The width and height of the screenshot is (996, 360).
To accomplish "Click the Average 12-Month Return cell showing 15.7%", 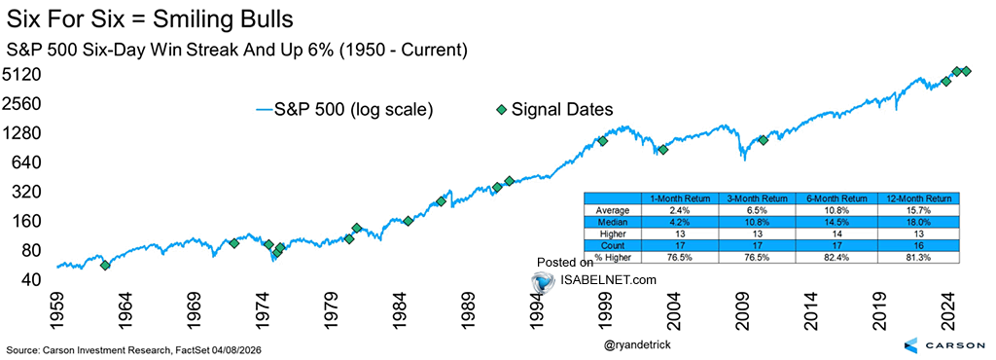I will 917,210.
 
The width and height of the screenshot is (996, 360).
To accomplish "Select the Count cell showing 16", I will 917,246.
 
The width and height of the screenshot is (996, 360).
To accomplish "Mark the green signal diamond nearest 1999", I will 603,141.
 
